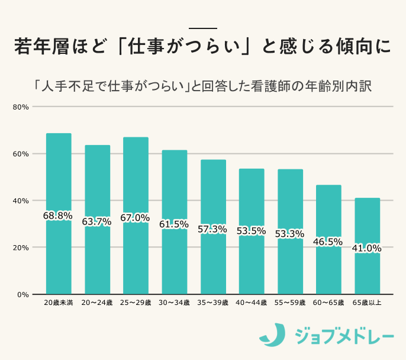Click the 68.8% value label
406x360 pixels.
tap(57, 216)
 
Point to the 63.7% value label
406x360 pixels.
tap(97, 221)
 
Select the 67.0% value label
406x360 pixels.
tap(135, 217)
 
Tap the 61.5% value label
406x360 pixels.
tap(174, 224)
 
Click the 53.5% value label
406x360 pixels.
tap(251, 231)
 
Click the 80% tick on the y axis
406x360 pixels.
tap(21, 107)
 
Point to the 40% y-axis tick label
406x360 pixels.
tap(21, 201)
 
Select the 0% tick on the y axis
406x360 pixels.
tap(23, 294)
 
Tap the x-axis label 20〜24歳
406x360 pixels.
tap(97, 303)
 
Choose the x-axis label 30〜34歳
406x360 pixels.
tap(174, 303)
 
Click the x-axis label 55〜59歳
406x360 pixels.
tap(290, 303)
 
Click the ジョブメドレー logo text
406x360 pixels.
tap(344, 337)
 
